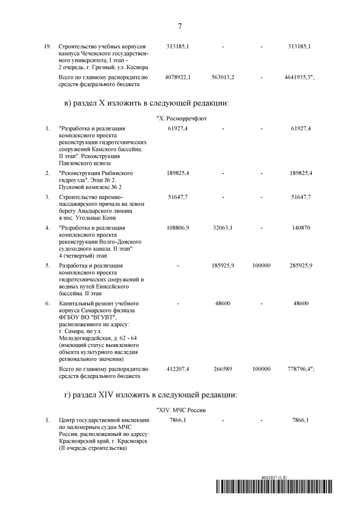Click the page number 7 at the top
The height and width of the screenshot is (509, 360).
[179, 26]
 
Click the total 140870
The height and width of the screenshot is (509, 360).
[301, 228]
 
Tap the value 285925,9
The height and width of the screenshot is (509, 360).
[301, 265]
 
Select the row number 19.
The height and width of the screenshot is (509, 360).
[48, 46]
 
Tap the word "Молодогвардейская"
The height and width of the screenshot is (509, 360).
[85, 339]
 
